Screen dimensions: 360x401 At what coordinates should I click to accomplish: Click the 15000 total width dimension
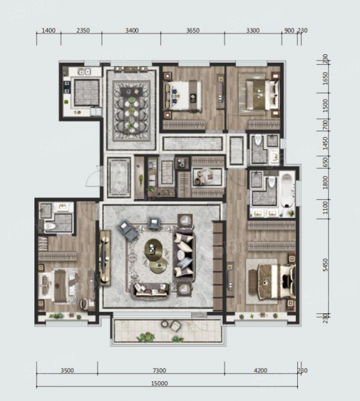pyautogui.click(x=159, y=383)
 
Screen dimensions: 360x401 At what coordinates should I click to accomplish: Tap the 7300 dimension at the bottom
pyautogui.click(x=159, y=370)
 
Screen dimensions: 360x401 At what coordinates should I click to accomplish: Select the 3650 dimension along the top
pyautogui.click(x=192, y=31)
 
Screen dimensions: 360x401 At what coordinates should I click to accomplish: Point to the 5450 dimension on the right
pyautogui.click(x=325, y=265)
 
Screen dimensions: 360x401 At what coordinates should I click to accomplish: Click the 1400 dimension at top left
pyautogui.click(x=48, y=31)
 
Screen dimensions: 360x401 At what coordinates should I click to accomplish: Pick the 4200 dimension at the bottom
pyautogui.click(x=261, y=370)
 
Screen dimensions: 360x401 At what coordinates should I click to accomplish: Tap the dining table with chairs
pyautogui.click(x=131, y=111)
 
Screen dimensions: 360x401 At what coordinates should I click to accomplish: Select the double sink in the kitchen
pyautogui.click(x=84, y=72)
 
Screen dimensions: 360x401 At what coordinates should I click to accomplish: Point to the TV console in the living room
pyautogui.click(x=105, y=258)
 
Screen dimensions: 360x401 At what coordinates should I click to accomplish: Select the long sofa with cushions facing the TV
pyautogui.click(x=184, y=257)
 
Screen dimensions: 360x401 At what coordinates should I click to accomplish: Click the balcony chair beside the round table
pyautogui.click(x=175, y=326)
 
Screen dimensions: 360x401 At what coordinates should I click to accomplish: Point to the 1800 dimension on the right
pyautogui.click(x=325, y=183)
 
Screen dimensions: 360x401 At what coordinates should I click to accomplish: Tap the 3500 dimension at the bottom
pyautogui.click(x=67, y=370)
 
